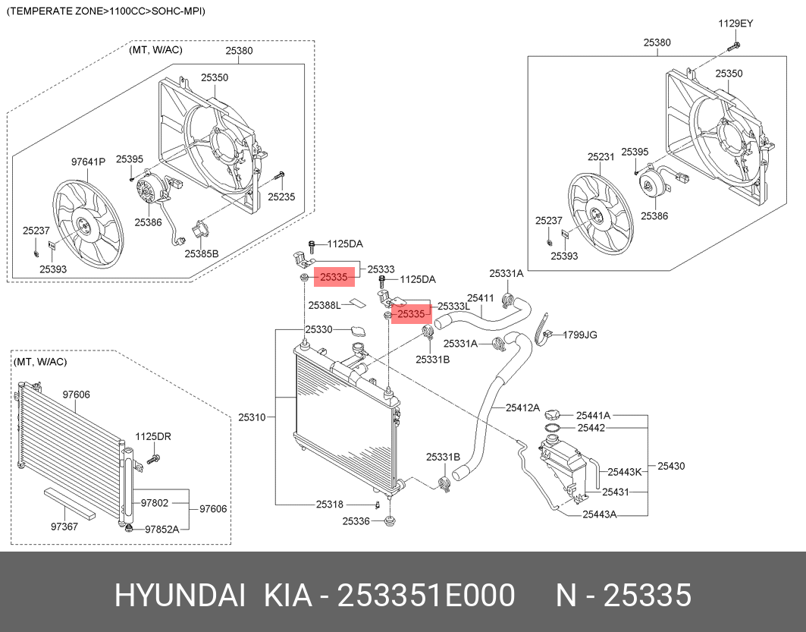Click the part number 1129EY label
(x=735, y=24)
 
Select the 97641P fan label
(x=88, y=162)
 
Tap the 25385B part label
(x=201, y=253)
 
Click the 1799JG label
(x=580, y=334)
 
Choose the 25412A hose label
(x=523, y=408)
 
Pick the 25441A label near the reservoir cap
(x=593, y=415)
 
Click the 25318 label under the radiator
(x=330, y=505)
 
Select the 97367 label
(x=64, y=526)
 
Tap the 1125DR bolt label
(x=153, y=436)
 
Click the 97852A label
(x=162, y=529)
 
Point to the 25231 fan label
(x=601, y=157)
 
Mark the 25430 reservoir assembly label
(x=671, y=466)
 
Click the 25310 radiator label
(x=252, y=417)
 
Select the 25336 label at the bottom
(x=356, y=521)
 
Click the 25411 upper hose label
(x=480, y=298)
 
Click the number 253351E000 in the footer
(x=426, y=596)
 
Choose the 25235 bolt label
(x=281, y=197)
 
